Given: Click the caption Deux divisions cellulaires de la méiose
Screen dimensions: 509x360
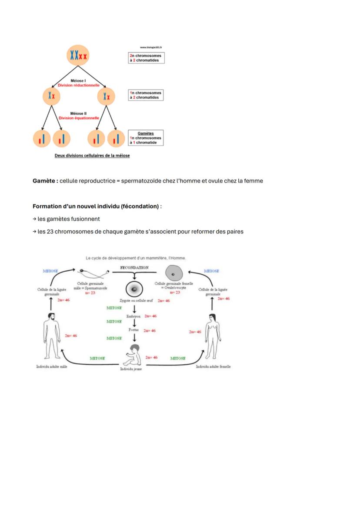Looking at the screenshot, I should [x=92, y=155].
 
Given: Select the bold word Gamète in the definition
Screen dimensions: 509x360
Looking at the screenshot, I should [x=45, y=181].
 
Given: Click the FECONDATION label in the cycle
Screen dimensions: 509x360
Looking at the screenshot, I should [x=134, y=268].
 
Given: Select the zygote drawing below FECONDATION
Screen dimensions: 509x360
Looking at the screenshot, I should [x=134, y=289].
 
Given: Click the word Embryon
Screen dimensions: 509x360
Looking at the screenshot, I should [x=133, y=316].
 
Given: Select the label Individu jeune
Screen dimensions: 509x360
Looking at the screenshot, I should [x=131, y=369].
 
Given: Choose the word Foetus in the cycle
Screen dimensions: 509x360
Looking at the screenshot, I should [x=133, y=330].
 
